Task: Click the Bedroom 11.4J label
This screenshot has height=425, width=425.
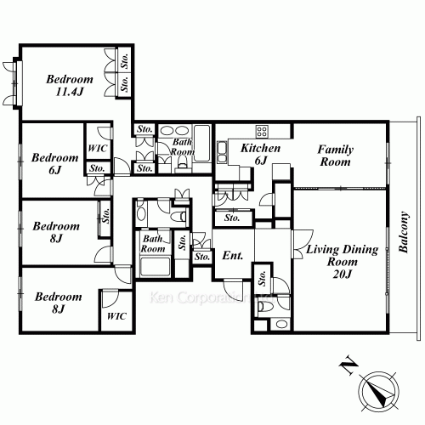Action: click(x=70, y=85)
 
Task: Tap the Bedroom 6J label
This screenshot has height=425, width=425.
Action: click(x=55, y=164)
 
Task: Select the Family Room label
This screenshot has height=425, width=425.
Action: click(x=336, y=156)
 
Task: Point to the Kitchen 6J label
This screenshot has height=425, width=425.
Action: click(x=260, y=154)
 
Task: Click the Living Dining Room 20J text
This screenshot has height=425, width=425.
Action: click(x=343, y=261)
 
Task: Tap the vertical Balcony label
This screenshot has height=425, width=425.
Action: click(x=404, y=232)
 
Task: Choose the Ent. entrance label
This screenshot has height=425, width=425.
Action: click(x=233, y=256)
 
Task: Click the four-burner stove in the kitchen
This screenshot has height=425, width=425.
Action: click(x=262, y=132)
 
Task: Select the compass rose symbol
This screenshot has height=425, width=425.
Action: click(x=379, y=392)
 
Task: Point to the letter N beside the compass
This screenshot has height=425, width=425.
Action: click(x=348, y=365)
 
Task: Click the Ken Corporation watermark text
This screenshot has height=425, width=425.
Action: click(x=210, y=297)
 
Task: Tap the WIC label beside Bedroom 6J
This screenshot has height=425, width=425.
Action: click(x=98, y=148)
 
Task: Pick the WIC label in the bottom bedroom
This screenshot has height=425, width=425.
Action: click(x=116, y=316)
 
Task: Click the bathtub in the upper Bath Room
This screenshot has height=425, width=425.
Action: click(x=202, y=144)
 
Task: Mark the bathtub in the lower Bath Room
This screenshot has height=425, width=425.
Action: click(x=155, y=266)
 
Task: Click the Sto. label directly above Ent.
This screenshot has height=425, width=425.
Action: click(x=232, y=218)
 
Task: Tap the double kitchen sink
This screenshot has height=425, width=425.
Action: click(x=222, y=153)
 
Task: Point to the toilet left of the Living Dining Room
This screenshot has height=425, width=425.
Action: click(x=264, y=306)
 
